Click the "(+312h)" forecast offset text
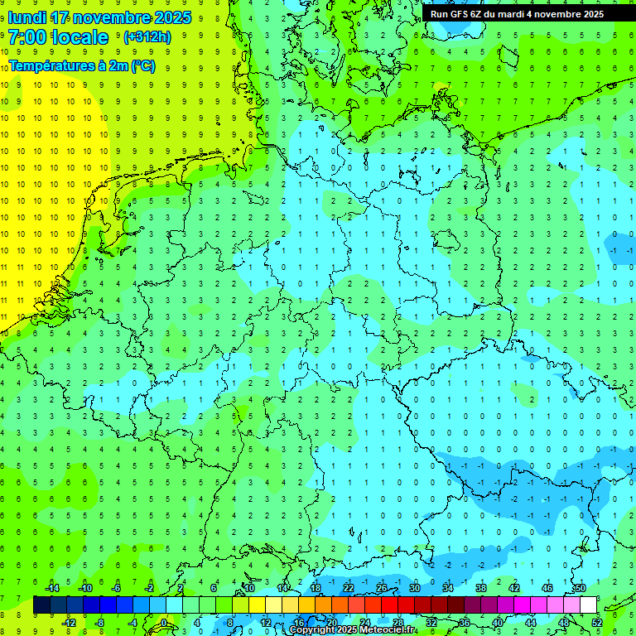(147, 37)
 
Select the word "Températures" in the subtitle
(50, 66)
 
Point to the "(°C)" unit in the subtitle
(142, 66)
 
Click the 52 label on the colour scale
(597, 623)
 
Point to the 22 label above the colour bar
(349, 588)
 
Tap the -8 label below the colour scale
(99, 623)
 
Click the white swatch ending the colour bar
(589, 605)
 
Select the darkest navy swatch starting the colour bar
(41, 605)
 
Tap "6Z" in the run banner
(478, 14)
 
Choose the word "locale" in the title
(79, 37)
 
